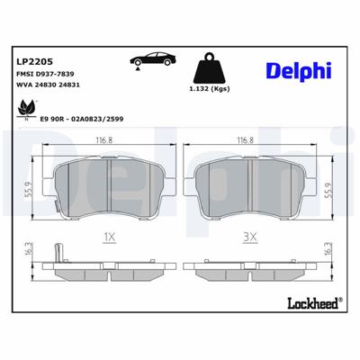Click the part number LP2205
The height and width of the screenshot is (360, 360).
click(32, 61)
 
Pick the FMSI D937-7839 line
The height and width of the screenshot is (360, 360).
click(43, 76)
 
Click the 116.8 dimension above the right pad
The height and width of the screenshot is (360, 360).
click(247, 140)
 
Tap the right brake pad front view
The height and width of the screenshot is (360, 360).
click(247, 184)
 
